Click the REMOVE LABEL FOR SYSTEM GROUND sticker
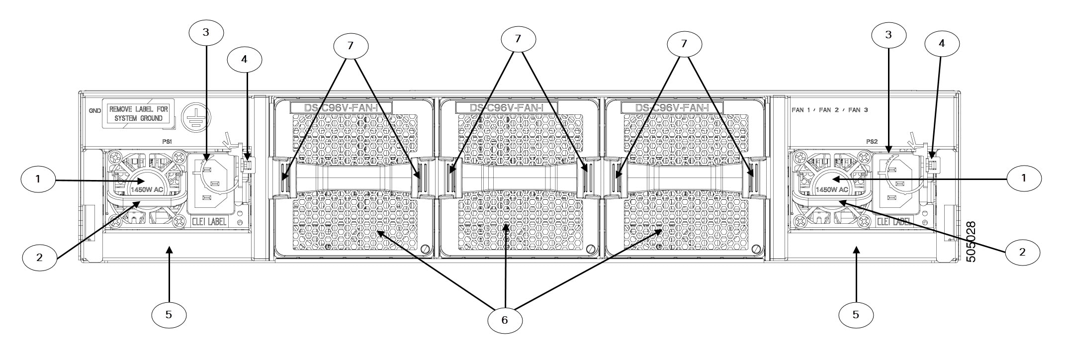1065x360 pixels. tap(139, 114)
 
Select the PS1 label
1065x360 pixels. tap(167, 141)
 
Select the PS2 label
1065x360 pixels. tap(872, 141)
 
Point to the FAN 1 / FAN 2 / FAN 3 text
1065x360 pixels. tap(829, 110)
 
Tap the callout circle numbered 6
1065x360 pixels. tap(505, 320)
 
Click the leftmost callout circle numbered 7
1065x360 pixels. tap(351, 45)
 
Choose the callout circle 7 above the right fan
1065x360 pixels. tap(684, 44)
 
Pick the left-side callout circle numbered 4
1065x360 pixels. tap(244, 59)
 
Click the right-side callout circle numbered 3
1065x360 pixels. tap(888, 35)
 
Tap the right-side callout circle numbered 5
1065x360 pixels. tap(856, 314)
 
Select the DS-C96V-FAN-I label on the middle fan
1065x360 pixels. tap(507, 107)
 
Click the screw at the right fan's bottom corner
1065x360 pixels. tap(756, 249)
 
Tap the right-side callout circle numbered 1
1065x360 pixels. tap(1023, 192)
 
